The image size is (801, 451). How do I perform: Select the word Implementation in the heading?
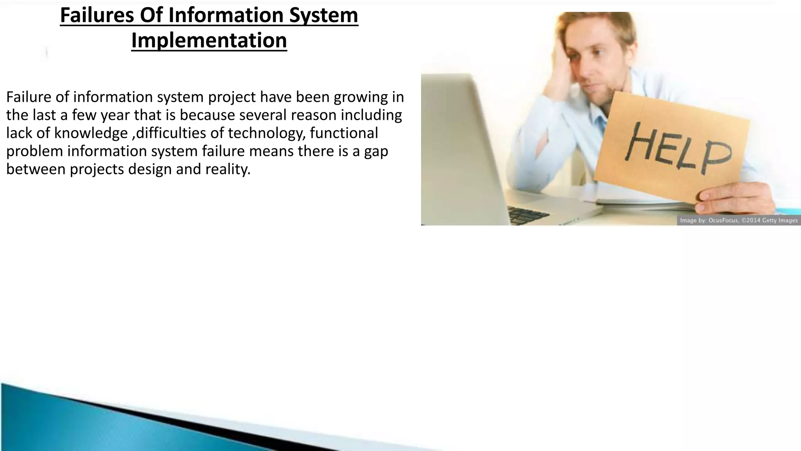(x=209, y=40)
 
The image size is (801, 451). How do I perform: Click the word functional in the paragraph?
(x=344, y=133)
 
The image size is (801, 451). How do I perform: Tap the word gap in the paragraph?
(x=376, y=151)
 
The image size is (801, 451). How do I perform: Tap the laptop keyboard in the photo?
(x=528, y=215)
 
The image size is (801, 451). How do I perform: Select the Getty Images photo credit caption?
(x=738, y=220)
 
